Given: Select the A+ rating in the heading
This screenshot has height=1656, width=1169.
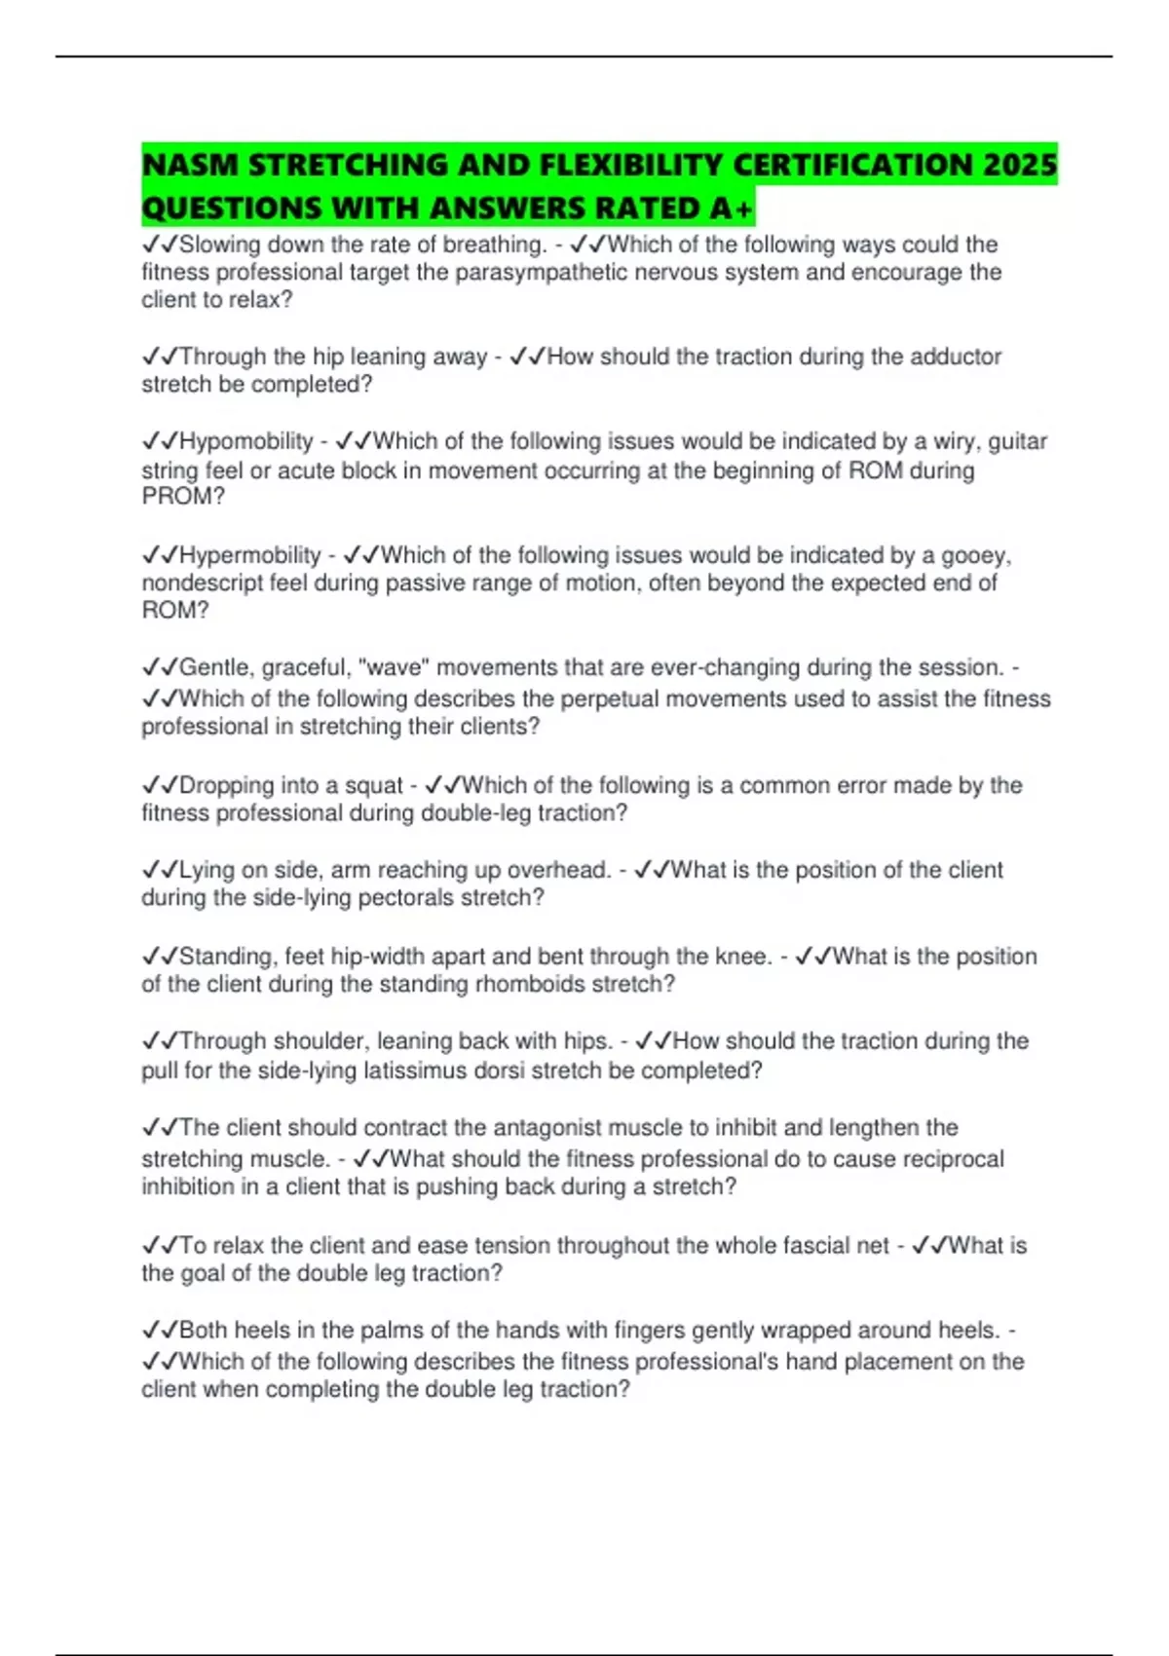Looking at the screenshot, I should (x=733, y=208).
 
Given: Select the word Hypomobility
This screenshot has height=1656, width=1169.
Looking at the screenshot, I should (x=246, y=441).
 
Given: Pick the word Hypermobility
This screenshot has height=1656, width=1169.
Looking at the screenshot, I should (x=250, y=555).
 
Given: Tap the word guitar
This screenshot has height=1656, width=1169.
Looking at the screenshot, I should (x=1018, y=441).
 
